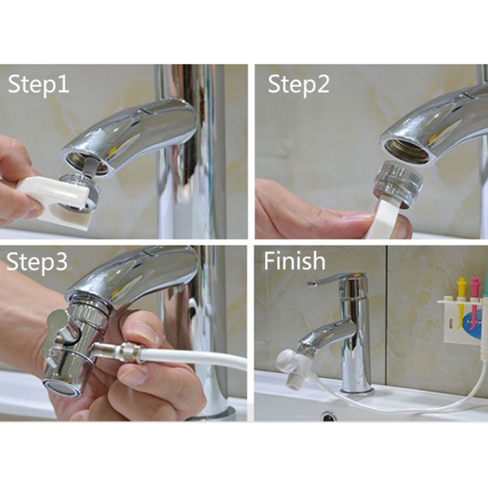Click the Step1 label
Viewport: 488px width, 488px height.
point(38,84)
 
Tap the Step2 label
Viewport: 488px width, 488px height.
point(299,84)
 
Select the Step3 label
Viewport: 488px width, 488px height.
point(37,262)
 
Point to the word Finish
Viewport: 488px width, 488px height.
point(295,261)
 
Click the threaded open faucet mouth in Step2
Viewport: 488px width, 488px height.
point(407,150)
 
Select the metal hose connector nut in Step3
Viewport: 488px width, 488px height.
point(130,352)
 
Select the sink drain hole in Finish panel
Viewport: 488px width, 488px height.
point(330,415)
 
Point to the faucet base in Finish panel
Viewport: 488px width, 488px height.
point(357,389)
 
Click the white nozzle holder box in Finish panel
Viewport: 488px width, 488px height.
point(461,320)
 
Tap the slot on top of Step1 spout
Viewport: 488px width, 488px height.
point(146,109)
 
